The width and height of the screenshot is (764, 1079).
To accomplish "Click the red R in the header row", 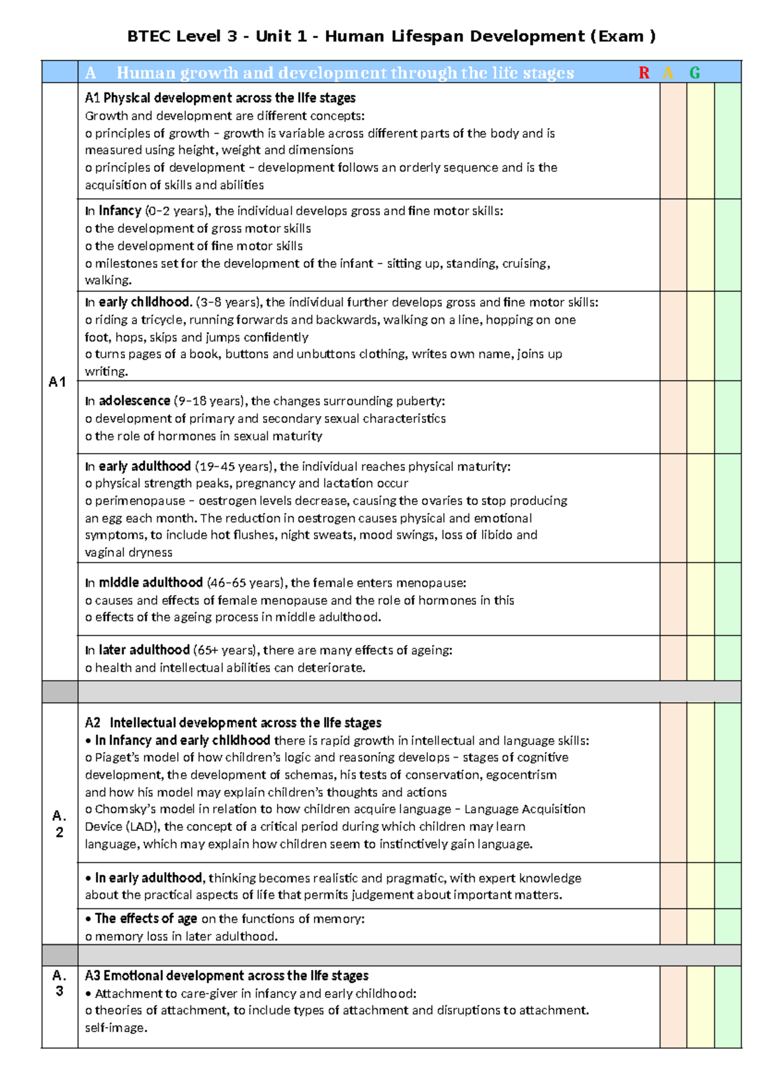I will (x=644, y=73).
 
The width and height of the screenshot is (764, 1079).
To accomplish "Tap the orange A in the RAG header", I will (x=668, y=73).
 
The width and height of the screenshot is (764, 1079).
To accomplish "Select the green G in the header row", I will (x=695, y=73).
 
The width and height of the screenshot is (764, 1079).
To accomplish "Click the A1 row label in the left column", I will (x=57, y=382).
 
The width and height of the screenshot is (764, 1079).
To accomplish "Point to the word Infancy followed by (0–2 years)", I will (x=120, y=211).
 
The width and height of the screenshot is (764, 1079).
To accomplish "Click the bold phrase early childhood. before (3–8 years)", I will (x=145, y=302).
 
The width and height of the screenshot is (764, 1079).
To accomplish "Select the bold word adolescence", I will (x=134, y=401).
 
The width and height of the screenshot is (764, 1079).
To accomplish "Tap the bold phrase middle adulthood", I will (x=150, y=583).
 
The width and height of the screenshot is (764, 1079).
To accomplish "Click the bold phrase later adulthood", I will (x=144, y=650).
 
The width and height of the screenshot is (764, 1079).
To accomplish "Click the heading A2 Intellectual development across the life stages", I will (x=233, y=723).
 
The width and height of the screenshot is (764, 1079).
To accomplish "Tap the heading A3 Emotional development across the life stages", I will (x=227, y=976).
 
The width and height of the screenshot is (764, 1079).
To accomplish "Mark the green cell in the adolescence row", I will (x=728, y=417).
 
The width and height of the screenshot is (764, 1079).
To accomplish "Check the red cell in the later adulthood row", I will (x=673, y=658).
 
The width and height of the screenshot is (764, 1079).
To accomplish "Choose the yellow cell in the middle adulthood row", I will (x=700, y=599).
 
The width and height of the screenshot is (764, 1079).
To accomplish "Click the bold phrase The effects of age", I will (x=146, y=919).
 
